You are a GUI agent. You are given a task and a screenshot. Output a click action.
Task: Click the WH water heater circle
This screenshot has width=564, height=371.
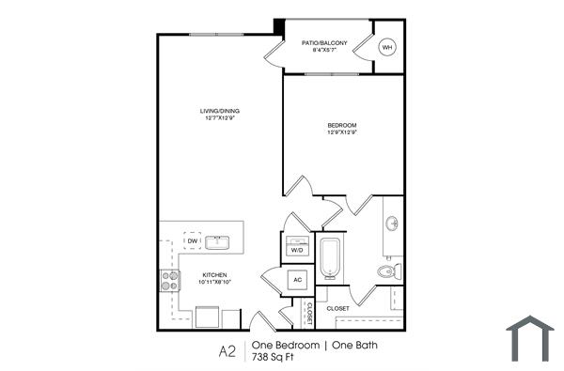[387, 47]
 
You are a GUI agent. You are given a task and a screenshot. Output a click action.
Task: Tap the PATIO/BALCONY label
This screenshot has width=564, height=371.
[323, 42]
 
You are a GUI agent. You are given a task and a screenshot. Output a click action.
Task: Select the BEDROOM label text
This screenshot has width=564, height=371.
[342, 125]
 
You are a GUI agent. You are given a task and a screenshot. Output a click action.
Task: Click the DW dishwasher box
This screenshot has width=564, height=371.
[192, 241]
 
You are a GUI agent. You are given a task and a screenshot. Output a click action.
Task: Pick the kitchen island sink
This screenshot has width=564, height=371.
[219, 242]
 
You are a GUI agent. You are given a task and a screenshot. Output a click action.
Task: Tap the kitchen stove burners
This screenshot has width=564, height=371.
[170, 278]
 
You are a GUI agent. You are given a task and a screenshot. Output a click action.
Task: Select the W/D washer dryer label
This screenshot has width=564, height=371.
[296, 251]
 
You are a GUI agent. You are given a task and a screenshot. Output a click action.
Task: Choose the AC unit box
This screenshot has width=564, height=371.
[296, 280]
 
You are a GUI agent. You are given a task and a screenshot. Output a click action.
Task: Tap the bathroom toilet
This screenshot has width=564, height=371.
[386, 272]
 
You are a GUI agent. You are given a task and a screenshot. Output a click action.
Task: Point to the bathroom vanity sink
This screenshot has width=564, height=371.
[392, 224]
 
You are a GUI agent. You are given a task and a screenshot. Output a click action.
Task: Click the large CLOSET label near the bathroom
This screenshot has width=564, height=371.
[338, 308]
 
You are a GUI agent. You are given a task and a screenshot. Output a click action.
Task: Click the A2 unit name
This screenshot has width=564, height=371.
[227, 351]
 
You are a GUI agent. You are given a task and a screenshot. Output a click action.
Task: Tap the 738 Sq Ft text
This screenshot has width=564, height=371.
[274, 359]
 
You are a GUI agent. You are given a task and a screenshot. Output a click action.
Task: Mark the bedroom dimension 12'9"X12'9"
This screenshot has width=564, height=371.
[342, 132]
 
